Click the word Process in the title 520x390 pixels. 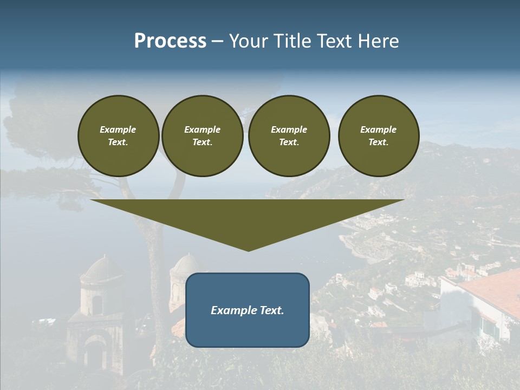click(170, 41)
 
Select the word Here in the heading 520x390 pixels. click(377, 41)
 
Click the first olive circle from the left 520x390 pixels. click(119, 136)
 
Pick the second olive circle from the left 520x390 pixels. click(203, 136)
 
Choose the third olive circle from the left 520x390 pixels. click(289, 136)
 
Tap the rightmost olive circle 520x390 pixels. click(379, 136)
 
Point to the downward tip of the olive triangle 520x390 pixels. click(248, 250)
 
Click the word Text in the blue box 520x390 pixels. click(271, 310)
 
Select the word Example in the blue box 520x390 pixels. click(233, 310)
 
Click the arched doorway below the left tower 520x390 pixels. click(95, 355)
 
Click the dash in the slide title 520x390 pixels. click(217, 42)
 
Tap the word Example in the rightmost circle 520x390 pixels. click(379, 129)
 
